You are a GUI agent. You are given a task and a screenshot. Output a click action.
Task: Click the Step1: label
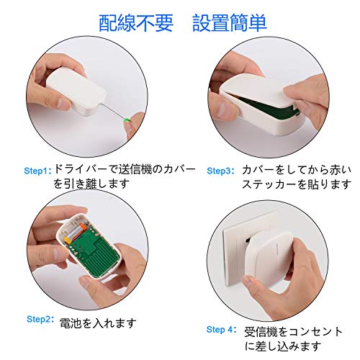[38, 171]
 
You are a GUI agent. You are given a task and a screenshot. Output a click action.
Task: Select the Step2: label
[40, 319]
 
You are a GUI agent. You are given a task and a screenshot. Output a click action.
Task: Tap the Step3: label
[220, 171]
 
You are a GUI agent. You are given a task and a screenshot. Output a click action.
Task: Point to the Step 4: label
[221, 330]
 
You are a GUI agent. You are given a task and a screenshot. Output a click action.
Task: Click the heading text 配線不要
[136, 23]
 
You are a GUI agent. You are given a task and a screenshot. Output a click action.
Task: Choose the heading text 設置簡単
[230, 23]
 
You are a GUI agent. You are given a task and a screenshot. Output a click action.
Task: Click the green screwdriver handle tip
[127, 120]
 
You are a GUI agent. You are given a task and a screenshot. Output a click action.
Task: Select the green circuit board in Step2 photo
[94, 251]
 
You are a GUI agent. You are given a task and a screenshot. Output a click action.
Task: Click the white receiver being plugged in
[269, 261]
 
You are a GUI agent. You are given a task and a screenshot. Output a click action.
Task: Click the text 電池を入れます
[98, 323]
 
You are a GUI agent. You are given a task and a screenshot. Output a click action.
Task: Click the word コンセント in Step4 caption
[315, 332]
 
